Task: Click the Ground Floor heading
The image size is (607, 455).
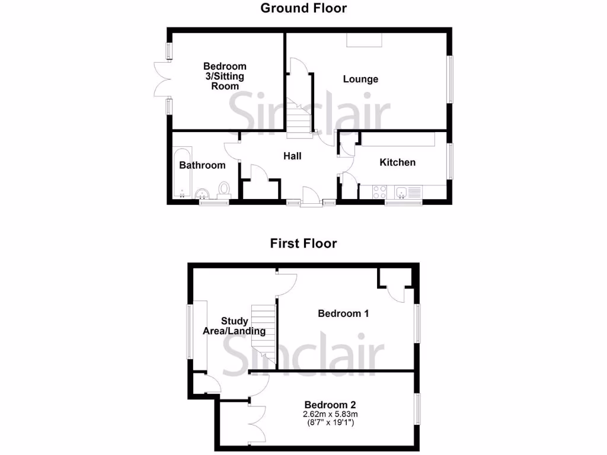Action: pyautogui.click(x=303, y=8)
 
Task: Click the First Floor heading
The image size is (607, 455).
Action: pyautogui.click(x=303, y=243)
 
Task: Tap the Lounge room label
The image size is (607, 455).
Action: pyautogui.click(x=360, y=79)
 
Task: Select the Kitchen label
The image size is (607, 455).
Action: pyautogui.click(x=397, y=162)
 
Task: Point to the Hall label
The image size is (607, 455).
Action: pyautogui.click(x=292, y=156)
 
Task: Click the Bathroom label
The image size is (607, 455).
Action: pyautogui.click(x=202, y=165)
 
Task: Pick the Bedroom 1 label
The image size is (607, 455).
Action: pyautogui.click(x=343, y=313)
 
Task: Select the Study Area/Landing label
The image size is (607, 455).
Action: pyautogui.click(x=234, y=326)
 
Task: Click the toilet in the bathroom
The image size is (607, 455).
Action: pyautogui.click(x=224, y=189)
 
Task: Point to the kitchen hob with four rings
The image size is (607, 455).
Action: pyautogui.click(x=379, y=192)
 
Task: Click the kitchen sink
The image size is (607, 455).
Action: pyautogui.click(x=402, y=191)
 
